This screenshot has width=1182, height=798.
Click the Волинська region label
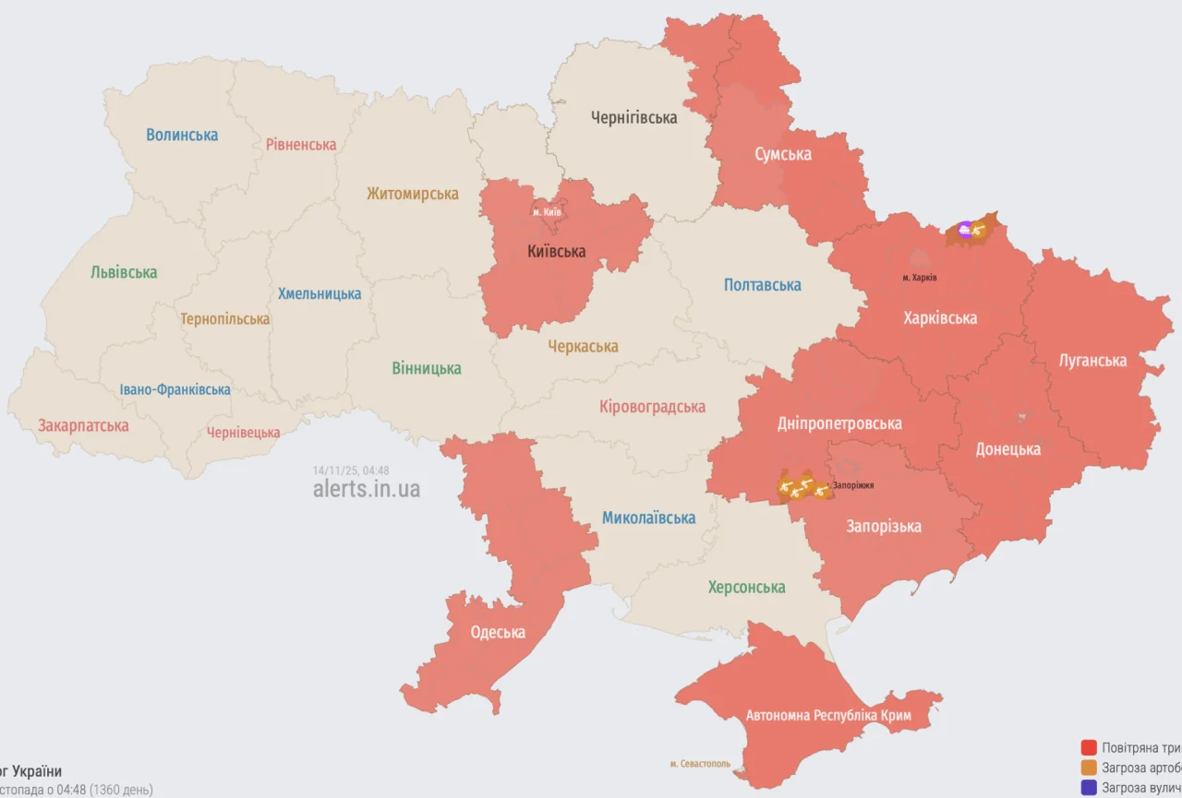coord(182,135)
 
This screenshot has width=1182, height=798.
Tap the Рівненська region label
coord(301,145)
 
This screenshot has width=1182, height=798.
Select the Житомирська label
coord(412,194)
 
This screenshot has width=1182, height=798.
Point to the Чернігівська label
coord(634,117)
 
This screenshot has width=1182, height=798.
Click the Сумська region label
coord(782,154)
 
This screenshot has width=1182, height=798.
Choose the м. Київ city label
coord(547,212)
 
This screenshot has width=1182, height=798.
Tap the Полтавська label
coord(762,285)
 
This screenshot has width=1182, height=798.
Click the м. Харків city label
coord(919,278)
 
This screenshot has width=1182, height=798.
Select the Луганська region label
coord(1092,361)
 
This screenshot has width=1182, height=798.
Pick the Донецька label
coord(1008,449)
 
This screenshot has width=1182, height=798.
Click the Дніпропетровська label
coord(838,423)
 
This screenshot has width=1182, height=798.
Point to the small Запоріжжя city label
coord(852,485)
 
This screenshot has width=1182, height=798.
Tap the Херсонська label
coord(746,587)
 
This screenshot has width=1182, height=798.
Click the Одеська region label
coord(498,632)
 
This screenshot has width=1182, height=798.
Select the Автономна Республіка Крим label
coord(828,716)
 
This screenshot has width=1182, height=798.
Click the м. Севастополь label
coord(699,764)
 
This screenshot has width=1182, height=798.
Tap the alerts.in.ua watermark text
coord(367,489)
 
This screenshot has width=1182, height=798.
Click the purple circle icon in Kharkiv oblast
coord(965,230)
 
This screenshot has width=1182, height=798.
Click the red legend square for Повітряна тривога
coord(1090,747)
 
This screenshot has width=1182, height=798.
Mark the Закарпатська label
coord(83,425)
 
